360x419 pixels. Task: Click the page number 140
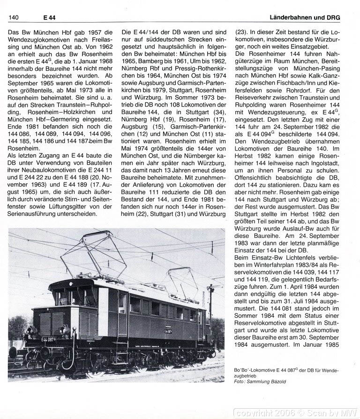click(13, 17)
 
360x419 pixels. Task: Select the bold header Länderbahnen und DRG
click(305, 17)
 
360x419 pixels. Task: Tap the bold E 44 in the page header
click(50, 17)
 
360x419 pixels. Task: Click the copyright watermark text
click(297, 412)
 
